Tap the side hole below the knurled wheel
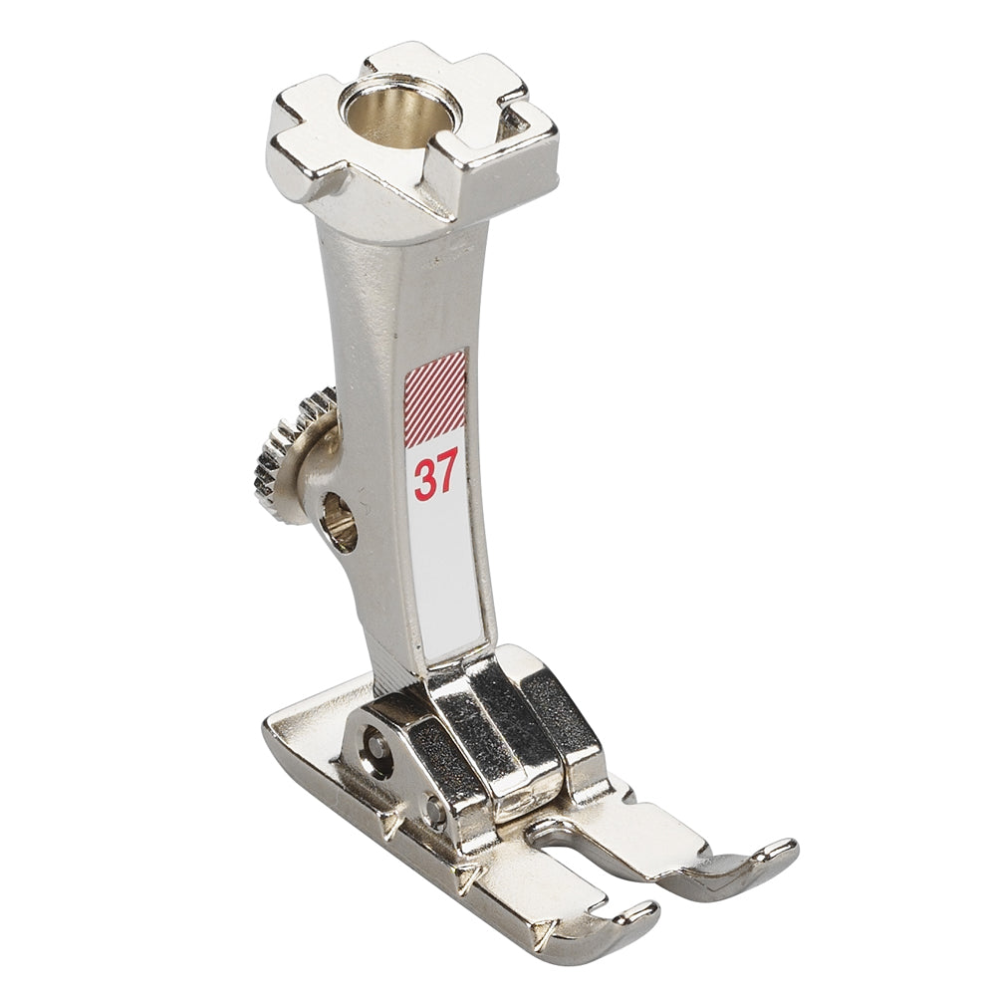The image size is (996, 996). click(340, 522)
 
